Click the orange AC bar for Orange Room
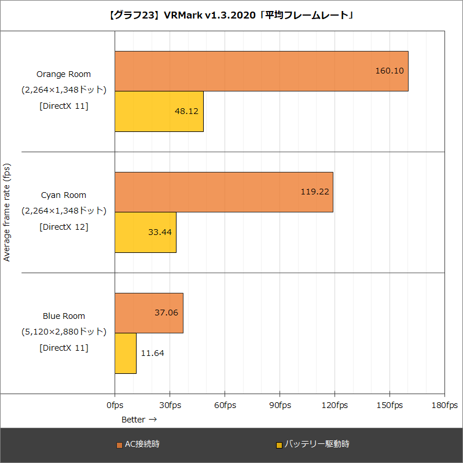(x=260, y=71)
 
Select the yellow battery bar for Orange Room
(x=159, y=111)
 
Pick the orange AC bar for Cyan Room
(x=223, y=192)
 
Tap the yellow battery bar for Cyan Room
(x=145, y=232)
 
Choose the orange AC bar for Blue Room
(x=149, y=313)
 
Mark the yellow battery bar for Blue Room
(x=126, y=353)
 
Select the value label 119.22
(x=315, y=192)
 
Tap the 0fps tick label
(x=115, y=405)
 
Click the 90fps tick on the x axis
(x=280, y=405)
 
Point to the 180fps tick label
(x=444, y=405)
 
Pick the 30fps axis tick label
(x=170, y=405)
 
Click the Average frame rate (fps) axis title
(x=7, y=212)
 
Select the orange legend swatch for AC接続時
(x=119, y=445)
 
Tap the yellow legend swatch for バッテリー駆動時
(x=279, y=445)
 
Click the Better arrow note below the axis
(x=139, y=419)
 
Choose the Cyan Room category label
(x=64, y=195)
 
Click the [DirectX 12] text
(x=64, y=227)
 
